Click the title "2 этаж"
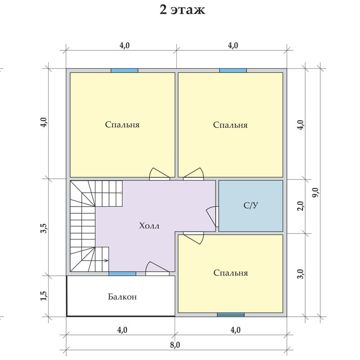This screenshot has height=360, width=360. (182, 10)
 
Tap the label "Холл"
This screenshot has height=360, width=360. (149, 226)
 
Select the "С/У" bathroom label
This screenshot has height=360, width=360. (251, 205)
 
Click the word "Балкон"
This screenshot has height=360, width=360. (122, 297)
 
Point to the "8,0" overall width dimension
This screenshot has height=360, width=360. (175, 345)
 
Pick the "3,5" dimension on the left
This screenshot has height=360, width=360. (44, 228)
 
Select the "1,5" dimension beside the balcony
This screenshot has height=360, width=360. (44, 296)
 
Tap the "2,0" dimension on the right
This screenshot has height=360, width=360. (301, 206)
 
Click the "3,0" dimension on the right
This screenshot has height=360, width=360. (301, 274)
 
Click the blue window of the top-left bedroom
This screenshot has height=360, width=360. (125, 71)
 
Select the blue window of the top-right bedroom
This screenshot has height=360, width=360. (233, 71)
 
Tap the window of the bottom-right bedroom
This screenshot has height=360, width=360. (231, 315)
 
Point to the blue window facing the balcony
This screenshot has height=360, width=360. (122, 274)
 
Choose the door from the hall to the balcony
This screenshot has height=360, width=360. (157, 268)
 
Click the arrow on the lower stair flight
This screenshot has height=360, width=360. (95, 261)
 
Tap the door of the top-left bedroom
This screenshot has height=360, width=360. (160, 174)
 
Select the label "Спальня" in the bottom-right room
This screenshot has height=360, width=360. (230, 273)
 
